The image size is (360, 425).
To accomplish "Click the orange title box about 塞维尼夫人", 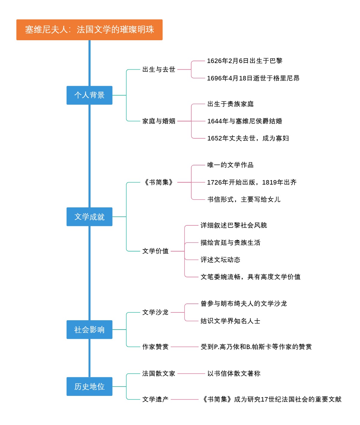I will point(89,30).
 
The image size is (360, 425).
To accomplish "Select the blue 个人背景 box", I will point(89,95).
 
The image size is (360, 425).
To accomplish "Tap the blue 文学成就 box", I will point(89,217).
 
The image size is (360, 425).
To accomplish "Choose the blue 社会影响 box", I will point(89,330).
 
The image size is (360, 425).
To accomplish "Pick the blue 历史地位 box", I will point(89,387).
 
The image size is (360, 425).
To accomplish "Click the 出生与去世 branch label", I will point(159,70).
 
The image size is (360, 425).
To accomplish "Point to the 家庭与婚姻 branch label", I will point(159,121).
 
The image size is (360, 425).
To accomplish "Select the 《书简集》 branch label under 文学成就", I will point(159,182).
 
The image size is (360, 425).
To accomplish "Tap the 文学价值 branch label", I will point(155,251).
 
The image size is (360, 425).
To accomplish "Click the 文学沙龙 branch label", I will point(155,312).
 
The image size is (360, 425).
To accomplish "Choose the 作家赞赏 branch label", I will point(155,347).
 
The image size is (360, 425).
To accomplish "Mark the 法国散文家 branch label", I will point(159,374).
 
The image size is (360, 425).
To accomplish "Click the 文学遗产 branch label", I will point(155,399).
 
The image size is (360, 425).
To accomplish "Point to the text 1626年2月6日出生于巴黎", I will point(244,61).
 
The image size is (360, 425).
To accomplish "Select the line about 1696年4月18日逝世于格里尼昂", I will point(253,78).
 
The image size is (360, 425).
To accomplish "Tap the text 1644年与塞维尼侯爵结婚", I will point(244,121).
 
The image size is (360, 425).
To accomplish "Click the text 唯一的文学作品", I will point(230,165).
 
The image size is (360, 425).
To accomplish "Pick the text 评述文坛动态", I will point(220,260).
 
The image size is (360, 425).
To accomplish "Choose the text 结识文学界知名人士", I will point(230,321).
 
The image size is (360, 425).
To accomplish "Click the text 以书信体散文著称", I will point(234,374).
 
